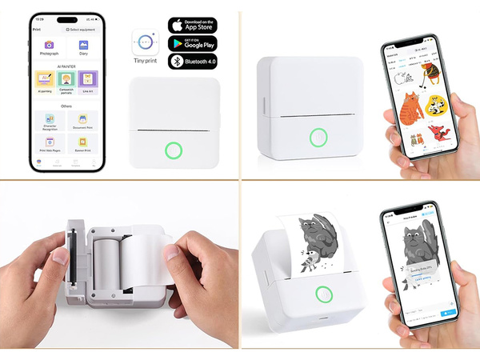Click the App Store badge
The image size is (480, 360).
tap(192, 25)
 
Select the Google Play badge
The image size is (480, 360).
tap(192, 43)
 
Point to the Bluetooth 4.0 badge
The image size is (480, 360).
tap(192, 61)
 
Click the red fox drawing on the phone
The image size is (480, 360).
tap(436, 131)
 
